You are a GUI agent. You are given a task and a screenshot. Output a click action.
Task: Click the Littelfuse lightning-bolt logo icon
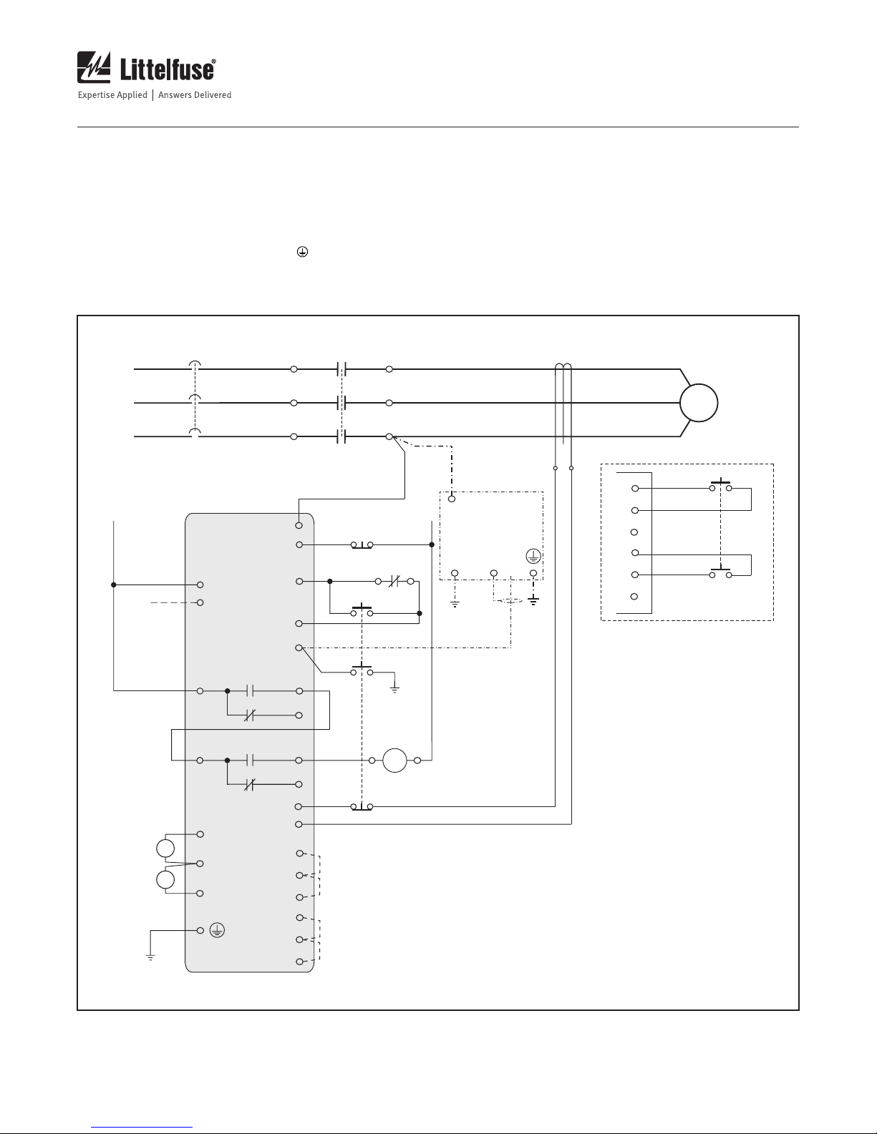pyautogui.click(x=94, y=67)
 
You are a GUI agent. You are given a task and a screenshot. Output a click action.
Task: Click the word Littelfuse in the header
pyautogui.click(x=168, y=69)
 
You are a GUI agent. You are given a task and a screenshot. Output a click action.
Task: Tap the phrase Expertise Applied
pyautogui.click(x=112, y=95)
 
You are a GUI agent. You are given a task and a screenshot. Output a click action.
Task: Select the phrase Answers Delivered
pyautogui.click(x=195, y=95)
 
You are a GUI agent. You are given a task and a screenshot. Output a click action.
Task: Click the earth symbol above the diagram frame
pyautogui.click(x=302, y=252)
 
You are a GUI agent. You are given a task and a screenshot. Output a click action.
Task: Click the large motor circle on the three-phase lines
pyautogui.click(x=699, y=403)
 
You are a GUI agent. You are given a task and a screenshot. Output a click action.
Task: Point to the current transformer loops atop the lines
pyautogui.click(x=563, y=367)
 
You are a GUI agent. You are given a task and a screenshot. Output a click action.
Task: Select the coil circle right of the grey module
pyautogui.click(x=394, y=761)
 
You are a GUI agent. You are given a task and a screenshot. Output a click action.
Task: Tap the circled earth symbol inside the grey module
pyautogui.click(x=217, y=930)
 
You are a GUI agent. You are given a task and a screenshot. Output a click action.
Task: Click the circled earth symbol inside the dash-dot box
pyautogui.click(x=533, y=557)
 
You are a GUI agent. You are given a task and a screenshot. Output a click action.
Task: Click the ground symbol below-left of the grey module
pyautogui.click(x=150, y=957)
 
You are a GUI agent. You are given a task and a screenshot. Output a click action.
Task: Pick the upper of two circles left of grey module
pyautogui.click(x=165, y=848)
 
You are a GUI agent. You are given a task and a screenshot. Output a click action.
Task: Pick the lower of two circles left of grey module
pyautogui.click(x=165, y=880)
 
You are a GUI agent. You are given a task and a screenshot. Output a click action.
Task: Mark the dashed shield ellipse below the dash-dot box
pyautogui.click(x=510, y=601)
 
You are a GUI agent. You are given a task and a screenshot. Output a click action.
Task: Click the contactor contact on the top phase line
pyautogui.click(x=342, y=369)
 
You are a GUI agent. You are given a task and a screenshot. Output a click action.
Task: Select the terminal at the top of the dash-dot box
pyautogui.click(x=452, y=499)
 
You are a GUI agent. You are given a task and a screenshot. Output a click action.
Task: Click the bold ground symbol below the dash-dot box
pyautogui.click(x=533, y=601)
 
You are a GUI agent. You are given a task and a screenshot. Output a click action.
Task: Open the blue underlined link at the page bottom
pyautogui.click(x=142, y=1128)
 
